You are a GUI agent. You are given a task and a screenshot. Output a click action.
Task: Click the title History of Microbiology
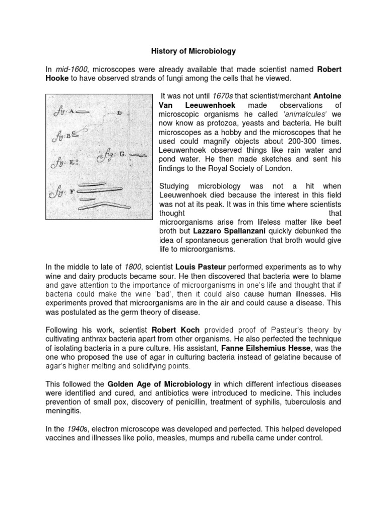193,51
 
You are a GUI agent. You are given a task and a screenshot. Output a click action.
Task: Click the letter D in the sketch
119,113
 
